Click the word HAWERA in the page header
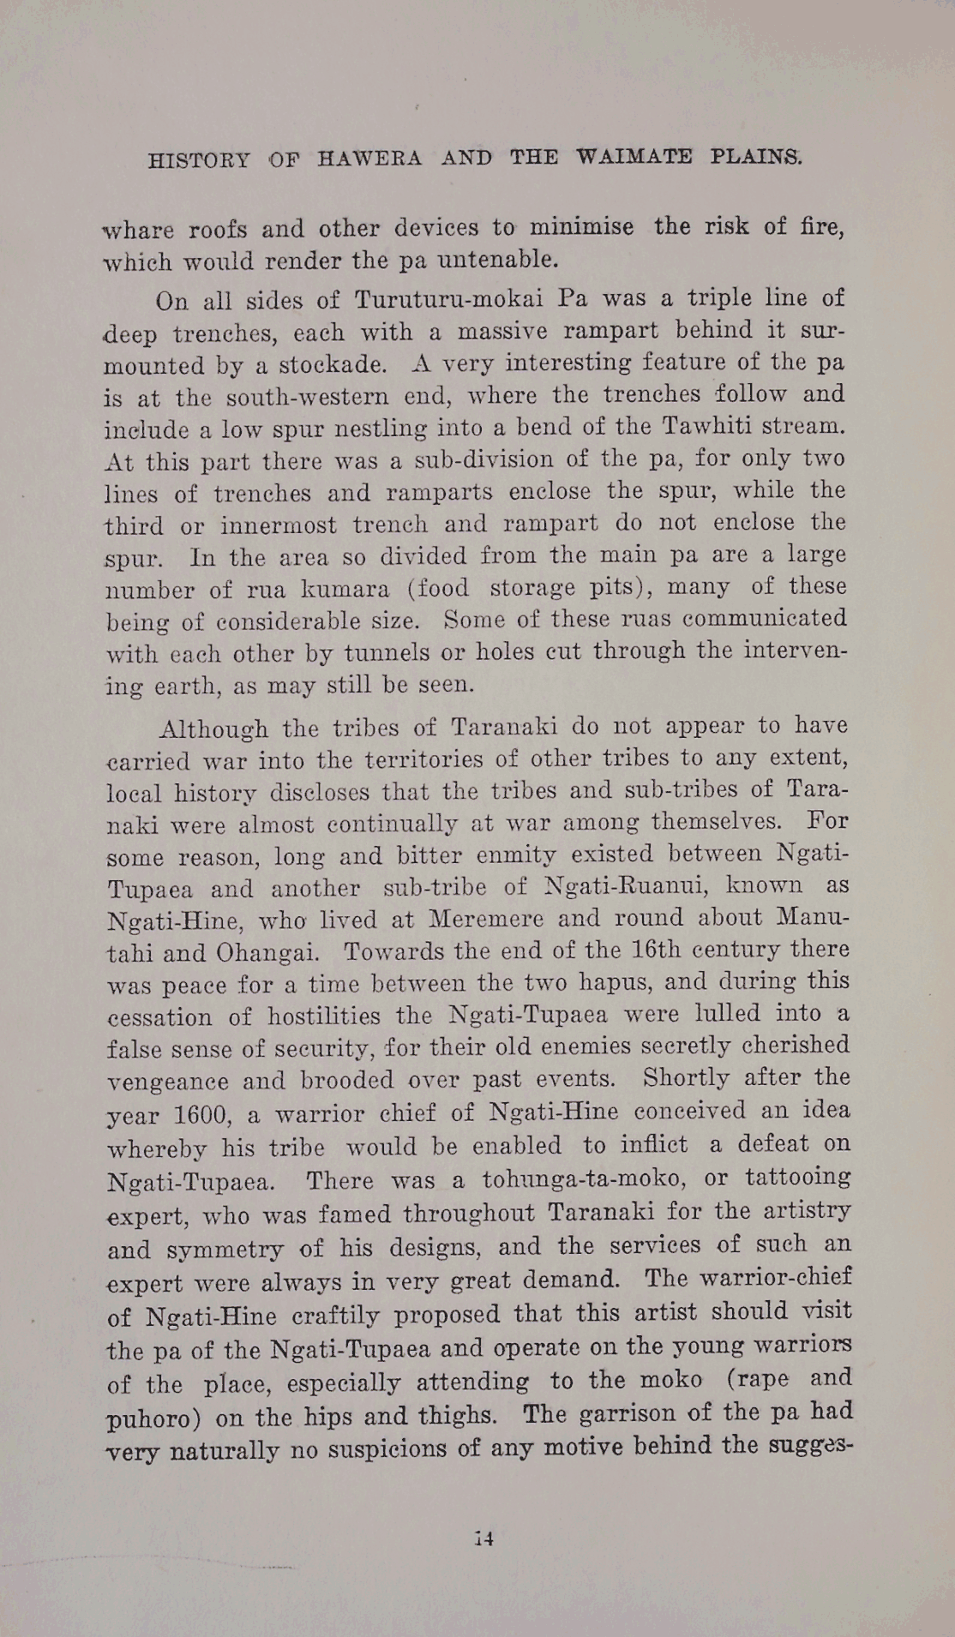(369, 159)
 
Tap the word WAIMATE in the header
(634, 157)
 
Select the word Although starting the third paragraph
(213, 729)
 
